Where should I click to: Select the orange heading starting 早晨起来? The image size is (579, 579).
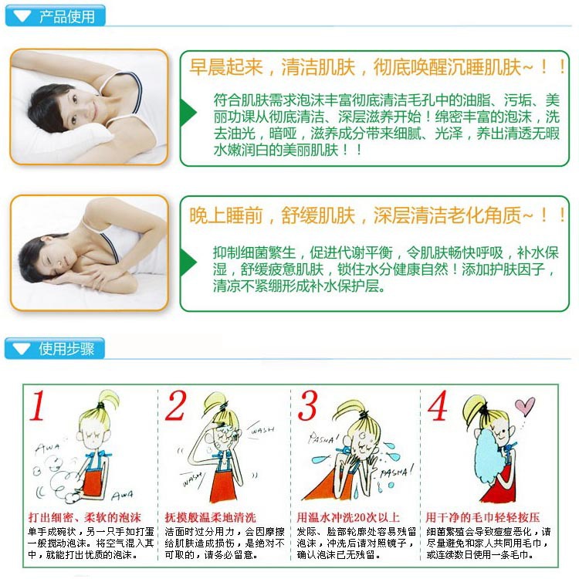click(x=377, y=67)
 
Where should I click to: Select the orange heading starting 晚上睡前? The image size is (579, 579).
click(x=377, y=215)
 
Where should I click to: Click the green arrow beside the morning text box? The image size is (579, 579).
click(x=188, y=113)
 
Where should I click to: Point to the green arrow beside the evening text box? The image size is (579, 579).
click(x=188, y=262)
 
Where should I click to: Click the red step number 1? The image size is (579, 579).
click(x=38, y=405)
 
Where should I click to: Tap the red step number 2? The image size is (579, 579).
click(x=175, y=405)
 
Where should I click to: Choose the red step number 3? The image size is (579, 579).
click(x=307, y=405)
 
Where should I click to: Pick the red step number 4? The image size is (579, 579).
click(x=438, y=405)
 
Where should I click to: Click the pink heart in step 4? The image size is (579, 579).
click(x=525, y=405)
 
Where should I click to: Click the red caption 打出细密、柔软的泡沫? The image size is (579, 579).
click(x=85, y=517)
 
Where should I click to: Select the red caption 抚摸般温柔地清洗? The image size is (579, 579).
click(x=211, y=517)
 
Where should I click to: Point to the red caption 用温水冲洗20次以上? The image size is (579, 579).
click(x=348, y=517)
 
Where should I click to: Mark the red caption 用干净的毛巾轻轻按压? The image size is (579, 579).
click(x=483, y=517)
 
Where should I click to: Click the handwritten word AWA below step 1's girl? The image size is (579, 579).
click(x=122, y=495)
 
